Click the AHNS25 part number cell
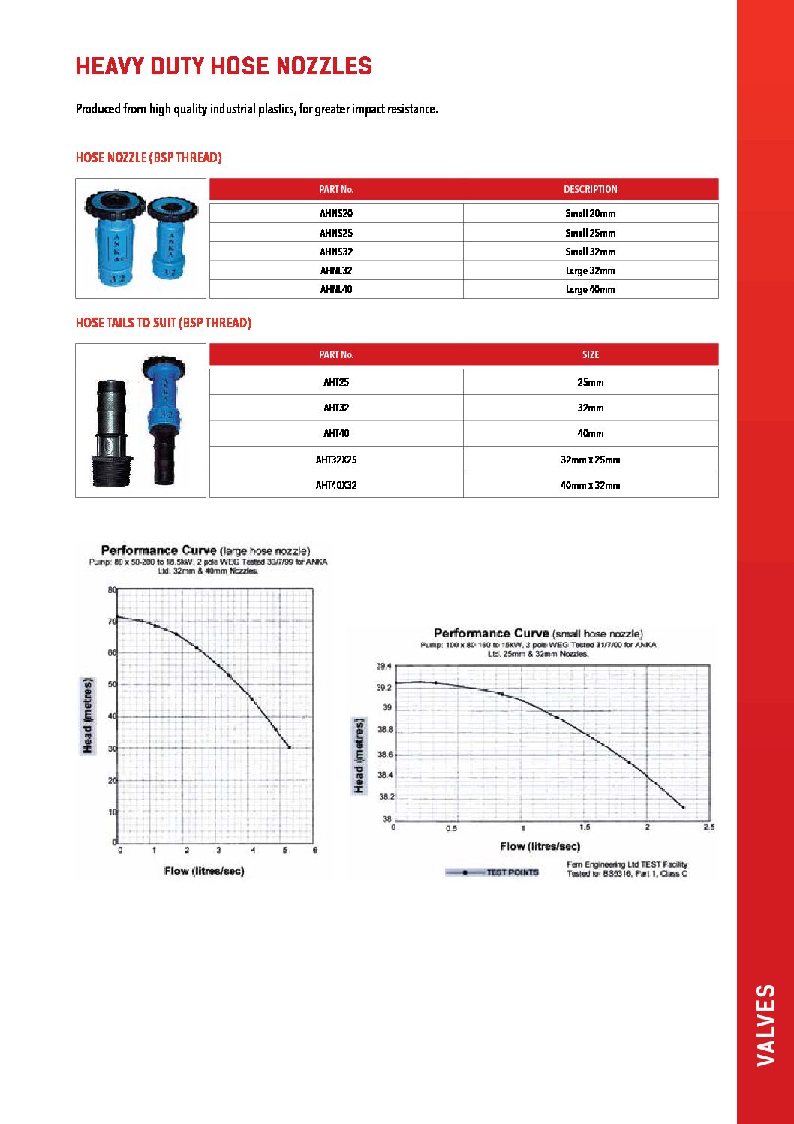[x=336, y=233]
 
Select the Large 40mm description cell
[x=590, y=289]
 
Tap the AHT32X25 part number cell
[x=336, y=460]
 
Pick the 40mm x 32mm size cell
[x=590, y=485]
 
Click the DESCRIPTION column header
[x=590, y=189]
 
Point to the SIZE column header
[x=590, y=354]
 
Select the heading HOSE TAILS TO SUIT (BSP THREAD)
[x=163, y=323]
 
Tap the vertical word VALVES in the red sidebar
[x=765, y=1024]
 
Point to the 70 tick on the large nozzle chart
[x=112, y=622]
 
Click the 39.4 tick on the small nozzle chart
[x=383, y=667]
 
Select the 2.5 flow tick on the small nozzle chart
[x=708, y=827]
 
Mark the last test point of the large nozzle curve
[x=289, y=747]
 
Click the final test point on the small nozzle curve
[x=683, y=807]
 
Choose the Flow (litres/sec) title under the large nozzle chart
[x=204, y=871]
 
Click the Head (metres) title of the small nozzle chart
[x=359, y=755]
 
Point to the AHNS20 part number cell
[x=336, y=213]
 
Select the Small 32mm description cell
[x=590, y=252]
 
